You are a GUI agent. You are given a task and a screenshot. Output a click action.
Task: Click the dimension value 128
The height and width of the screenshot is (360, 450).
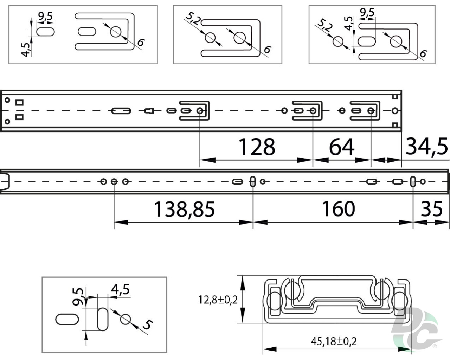[257, 147]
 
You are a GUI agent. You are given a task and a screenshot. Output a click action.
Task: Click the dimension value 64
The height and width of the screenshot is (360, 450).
[342, 147]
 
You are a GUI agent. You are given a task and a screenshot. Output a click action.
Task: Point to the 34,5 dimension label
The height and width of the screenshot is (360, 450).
[426, 147]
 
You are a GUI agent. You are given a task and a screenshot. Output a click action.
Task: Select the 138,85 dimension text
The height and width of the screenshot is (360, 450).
[184, 209]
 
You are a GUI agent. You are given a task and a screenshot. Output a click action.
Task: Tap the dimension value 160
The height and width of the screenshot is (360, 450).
[338, 209]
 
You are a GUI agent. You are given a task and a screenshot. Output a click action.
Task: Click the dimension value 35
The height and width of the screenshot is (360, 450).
[432, 209]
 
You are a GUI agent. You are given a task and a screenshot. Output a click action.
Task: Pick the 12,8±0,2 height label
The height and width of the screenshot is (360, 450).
[218, 300]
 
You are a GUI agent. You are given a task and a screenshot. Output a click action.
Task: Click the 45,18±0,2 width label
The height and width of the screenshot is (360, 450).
[334, 341]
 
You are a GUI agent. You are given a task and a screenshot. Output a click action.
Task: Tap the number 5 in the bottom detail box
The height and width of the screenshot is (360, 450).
[148, 324]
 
